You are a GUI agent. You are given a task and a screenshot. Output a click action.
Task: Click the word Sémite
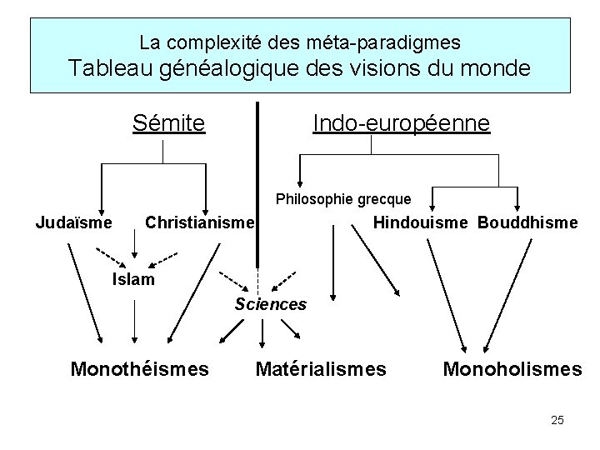coord(169,123)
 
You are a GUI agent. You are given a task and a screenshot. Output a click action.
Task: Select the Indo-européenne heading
coord(402,123)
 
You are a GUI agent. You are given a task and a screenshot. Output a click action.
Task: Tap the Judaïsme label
coord(73,222)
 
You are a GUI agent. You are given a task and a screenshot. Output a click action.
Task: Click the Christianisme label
coord(199,223)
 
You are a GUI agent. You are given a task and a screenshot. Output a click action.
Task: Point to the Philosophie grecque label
coord(343,199)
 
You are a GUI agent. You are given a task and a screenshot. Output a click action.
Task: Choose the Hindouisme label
coord(422,222)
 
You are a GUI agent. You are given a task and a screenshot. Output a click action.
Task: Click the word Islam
coord(133,279)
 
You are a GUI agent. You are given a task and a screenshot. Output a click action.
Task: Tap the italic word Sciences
coord(271,304)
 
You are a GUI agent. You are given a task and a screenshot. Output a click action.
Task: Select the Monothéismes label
coord(140,367)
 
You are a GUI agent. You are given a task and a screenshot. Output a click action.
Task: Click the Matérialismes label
coord(321,367)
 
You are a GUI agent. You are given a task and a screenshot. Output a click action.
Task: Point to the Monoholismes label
coord(512,367)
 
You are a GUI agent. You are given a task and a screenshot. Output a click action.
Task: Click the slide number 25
coord(557,420)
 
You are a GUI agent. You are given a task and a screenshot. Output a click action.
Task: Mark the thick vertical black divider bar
coord(257,179)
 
